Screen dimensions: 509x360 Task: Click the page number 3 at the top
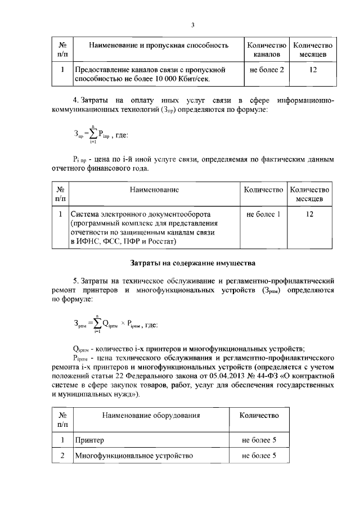[x=192, y=25]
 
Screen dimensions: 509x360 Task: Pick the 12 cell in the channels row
[x=313, y=70]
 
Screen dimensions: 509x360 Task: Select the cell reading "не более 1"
[x=263, y=214]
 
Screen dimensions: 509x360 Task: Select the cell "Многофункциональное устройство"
[x=134, y=455]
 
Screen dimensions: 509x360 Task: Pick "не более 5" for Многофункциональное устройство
[x=259, y=455]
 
